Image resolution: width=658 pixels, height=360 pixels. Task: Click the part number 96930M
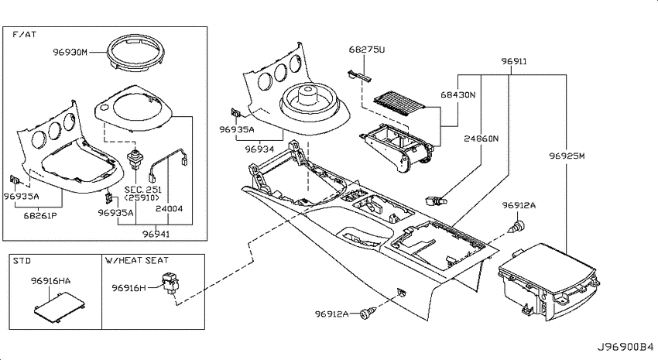pos(70,53)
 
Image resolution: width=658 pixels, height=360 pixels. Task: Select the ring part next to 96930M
pos(135,40)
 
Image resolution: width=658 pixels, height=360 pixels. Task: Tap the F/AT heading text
pos(24,34)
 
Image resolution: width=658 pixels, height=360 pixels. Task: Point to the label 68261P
pos(39,216)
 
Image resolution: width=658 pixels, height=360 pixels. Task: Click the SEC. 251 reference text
pos(142,190)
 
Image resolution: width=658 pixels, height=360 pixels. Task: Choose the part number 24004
pos(169,208)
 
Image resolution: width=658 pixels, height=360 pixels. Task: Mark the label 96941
pos(156,234)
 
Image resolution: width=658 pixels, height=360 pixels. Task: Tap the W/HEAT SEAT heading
pos(137,261)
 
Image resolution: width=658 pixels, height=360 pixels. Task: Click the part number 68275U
pos(367,50)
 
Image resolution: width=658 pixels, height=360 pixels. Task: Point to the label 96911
pos(514,61)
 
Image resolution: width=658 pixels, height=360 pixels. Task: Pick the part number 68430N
pos(458,94)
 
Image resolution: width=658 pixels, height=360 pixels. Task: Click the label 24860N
pos(482,139)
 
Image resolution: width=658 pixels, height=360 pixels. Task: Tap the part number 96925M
pos(567,156)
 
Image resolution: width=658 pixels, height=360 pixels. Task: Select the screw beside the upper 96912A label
pos(518,227)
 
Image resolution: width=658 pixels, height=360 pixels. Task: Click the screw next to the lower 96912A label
pos(368,313)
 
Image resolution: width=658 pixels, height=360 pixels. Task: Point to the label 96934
pos(260,149)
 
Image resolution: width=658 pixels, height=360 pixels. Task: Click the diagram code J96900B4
pos(625,348)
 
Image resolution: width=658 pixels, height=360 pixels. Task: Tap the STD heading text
pos(22,261)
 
